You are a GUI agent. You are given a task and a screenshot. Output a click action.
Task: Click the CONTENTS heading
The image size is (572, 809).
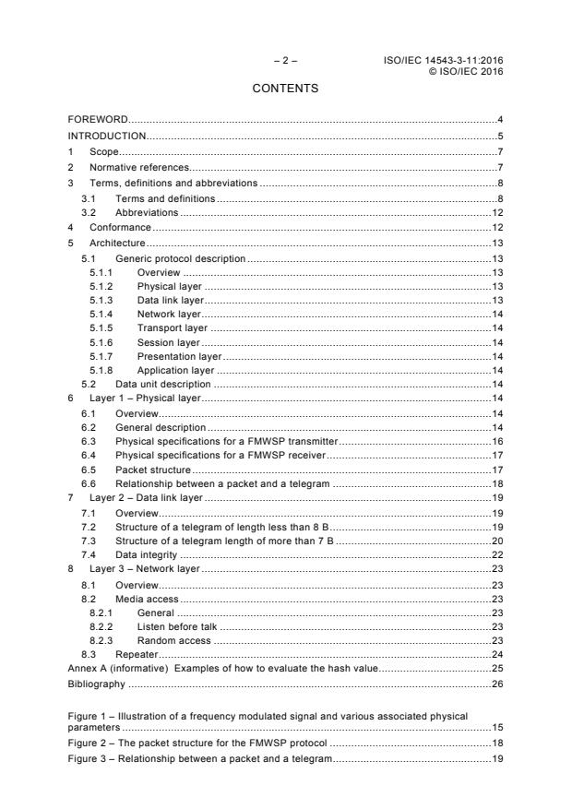[x=285, y=89]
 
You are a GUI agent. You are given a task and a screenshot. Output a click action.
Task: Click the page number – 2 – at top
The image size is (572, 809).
[x=285, y=61]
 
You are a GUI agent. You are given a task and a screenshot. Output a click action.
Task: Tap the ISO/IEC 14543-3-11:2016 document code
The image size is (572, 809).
[x=449, y=61]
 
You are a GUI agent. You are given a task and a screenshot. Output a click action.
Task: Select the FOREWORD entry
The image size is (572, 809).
[x=98, y=120]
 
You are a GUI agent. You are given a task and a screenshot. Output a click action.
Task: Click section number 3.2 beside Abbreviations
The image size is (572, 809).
[x=89, y=213]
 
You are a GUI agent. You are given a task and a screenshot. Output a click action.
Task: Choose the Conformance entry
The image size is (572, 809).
[x=120, y=227]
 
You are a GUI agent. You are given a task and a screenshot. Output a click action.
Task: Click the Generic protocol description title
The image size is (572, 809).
[x=180, y=258]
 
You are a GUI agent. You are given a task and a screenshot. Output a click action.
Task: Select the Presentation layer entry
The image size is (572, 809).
[x=179, y=356]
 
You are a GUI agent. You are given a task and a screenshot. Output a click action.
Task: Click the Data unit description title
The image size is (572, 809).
[x=162, y=384]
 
